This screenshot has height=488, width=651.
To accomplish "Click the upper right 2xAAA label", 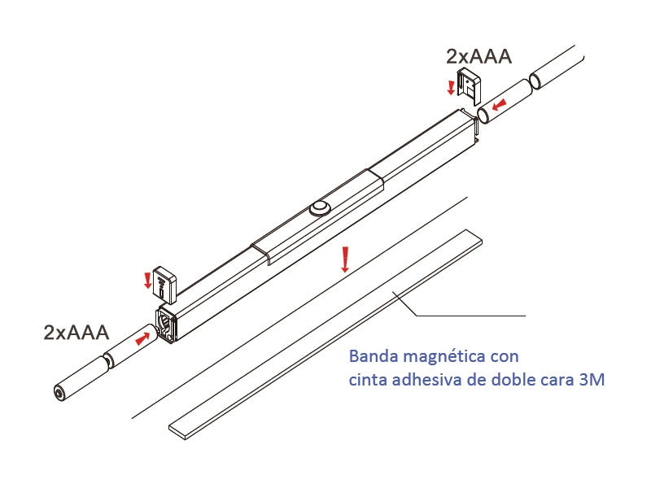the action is (x=478, y=56).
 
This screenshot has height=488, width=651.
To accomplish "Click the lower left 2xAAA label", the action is (x=76, y=333).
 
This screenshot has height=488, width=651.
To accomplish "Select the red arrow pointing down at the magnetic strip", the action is (x=344, y=259).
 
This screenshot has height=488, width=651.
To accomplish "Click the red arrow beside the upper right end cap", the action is (x=451, y=87).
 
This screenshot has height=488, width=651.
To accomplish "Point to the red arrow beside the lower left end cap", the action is (x=147, y=281).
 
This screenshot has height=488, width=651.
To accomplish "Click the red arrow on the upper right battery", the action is (x=500, y=105).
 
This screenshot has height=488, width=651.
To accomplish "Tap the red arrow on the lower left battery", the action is (x=142, y=338).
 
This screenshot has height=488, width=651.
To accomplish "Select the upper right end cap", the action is (x=469, y=86).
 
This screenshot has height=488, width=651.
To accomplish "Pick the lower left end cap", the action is (x=164, y=283).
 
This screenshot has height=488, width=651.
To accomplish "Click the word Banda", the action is (x=374, y=356).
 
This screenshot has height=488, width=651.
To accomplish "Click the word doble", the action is (x=510, y=379).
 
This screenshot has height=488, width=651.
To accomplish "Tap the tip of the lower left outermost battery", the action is (x=59, y=393).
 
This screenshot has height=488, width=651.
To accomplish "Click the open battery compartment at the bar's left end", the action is (x=166, y=323).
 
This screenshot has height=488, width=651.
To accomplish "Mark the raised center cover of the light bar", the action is (x=317, y=216).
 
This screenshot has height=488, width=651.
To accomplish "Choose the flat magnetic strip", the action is (x=325, y=334).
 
